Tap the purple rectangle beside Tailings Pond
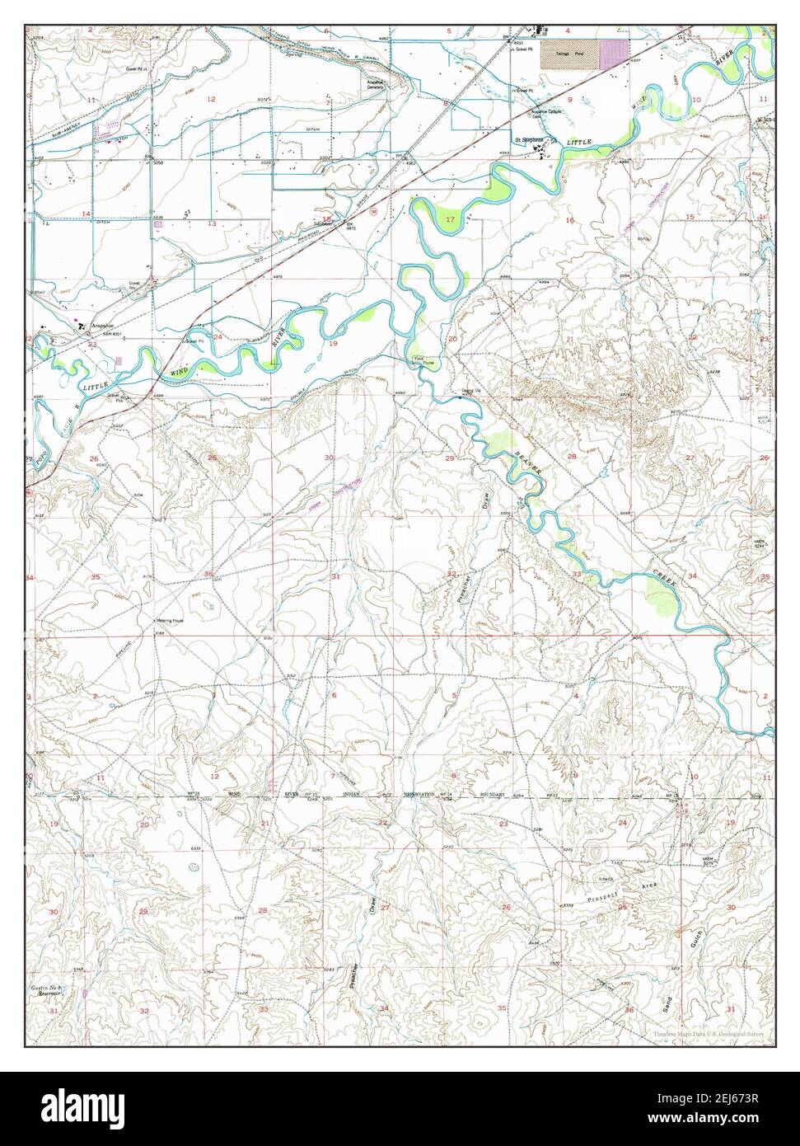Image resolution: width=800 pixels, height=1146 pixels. tap(611, 54)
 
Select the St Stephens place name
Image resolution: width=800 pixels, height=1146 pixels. tap(530, 139)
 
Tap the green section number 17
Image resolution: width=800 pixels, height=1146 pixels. tap(450, 220)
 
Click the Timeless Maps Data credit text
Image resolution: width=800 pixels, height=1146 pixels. tap(709, 1034)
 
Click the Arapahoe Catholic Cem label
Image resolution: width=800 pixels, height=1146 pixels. tap(549, 114)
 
